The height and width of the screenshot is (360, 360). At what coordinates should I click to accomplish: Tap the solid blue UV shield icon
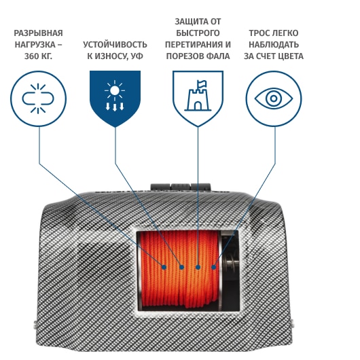(x=115, y=98)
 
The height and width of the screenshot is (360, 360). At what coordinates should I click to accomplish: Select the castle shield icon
(x=198, y=98)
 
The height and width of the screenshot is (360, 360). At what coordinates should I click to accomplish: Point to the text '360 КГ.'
(x=38, y=56)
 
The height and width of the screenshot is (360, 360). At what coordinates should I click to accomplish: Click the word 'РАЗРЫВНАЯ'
(x=38, y=33)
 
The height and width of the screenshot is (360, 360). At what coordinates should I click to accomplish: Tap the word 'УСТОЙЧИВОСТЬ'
(x=115, y=45)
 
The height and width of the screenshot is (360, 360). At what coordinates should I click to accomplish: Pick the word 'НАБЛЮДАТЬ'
(x=274, y=45)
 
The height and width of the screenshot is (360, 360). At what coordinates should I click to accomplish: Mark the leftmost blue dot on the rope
(x=164, y=267)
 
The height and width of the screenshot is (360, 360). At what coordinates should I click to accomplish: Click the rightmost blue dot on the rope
(x=213, y=267)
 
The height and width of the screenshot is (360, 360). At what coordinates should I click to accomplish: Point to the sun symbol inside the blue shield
(x=115, y=90)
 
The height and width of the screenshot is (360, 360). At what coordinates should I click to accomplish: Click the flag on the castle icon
(x=202, y=84)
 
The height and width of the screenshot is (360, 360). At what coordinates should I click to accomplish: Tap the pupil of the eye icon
(x=274, y=98)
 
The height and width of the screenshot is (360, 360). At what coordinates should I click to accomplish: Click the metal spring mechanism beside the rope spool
(x=230, y=263)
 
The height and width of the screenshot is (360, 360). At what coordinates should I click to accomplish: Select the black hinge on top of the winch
(x=181, y=187)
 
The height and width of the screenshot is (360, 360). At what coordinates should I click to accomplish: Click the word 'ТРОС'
(x=258, y=33)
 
